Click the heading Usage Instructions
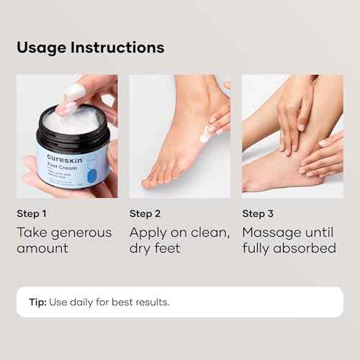(x=91, y=48)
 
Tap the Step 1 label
(x=32, y=213)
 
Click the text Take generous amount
(x=64, y=240)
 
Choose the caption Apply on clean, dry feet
(x=179, y=240)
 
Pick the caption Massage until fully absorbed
(x=289, y=240)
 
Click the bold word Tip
(x=37, y=302)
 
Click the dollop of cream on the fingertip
(x=74, y=92)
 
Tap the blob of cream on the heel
(x=207, y=134)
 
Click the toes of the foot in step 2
(x=152, y=181)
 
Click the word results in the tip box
(x=153, y=302)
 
